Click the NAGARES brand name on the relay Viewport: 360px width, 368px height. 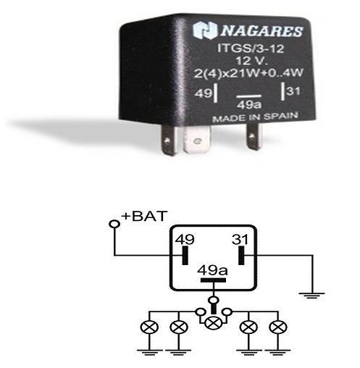click(x=261, y=31)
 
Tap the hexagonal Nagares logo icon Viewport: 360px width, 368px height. click(x=205, y=30)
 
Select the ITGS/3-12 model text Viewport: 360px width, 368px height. click(x=251, y=49)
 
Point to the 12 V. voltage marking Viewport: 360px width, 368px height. click(x=251, y=61)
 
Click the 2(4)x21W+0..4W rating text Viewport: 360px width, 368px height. click(x=248, y=72)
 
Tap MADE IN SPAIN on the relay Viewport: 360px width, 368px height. click(x=255, y=117)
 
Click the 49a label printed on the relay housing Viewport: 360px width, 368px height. click(x=249, y=105)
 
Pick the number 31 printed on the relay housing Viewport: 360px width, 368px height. click(x=293, y=91)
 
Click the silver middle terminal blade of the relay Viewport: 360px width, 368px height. click(x=197, y=140)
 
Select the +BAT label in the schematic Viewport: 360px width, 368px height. click(x=144, y=216)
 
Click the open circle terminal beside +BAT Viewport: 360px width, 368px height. click(x=114, y=224)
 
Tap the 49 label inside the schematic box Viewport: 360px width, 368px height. click(x=185, y=240)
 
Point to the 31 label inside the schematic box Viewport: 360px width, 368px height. click(x=240, y=240)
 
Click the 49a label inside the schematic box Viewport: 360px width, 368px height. click(x=212, y=270)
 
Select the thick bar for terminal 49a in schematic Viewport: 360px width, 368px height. click(x=213, y=280)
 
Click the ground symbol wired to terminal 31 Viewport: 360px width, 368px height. click(x=311, y=296)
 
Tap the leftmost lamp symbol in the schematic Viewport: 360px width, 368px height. click(x=149, y=327)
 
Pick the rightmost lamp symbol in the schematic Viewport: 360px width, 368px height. click(x=278, y=327)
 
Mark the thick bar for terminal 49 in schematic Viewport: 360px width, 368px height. click(x=185, y=255)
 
